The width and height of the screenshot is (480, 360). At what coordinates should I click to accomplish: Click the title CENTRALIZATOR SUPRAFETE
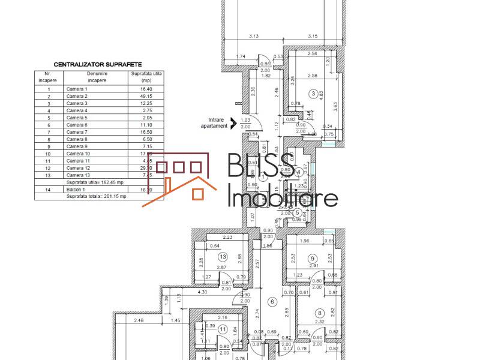98,64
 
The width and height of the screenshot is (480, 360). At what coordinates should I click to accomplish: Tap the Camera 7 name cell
77,132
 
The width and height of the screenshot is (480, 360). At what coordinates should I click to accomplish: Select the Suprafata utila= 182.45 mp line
96,182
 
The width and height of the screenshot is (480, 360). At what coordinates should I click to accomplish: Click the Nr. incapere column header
48,77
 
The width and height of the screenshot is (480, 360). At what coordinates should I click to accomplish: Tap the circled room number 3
313,94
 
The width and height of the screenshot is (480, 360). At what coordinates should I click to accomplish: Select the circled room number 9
313,259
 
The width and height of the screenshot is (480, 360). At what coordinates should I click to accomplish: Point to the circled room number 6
271,302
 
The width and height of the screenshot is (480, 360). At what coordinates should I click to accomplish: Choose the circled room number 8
320,313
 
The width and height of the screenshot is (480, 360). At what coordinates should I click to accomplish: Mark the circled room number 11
223,328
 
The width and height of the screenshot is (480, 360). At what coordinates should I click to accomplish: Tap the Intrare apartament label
214,122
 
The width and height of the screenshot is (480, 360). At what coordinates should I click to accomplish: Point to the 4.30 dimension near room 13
186,292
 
